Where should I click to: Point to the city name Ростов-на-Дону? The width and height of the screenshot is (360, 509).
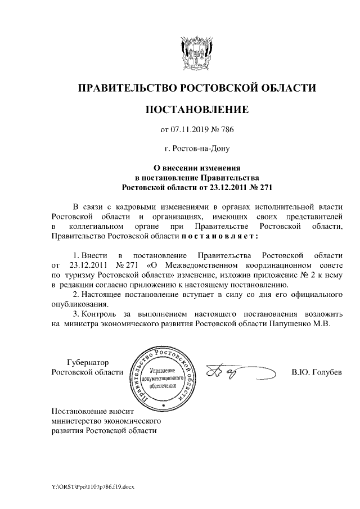(197, 149)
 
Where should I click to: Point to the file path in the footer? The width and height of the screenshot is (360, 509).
(90, 487)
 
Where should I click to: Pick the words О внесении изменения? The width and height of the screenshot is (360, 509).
(197, 167)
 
